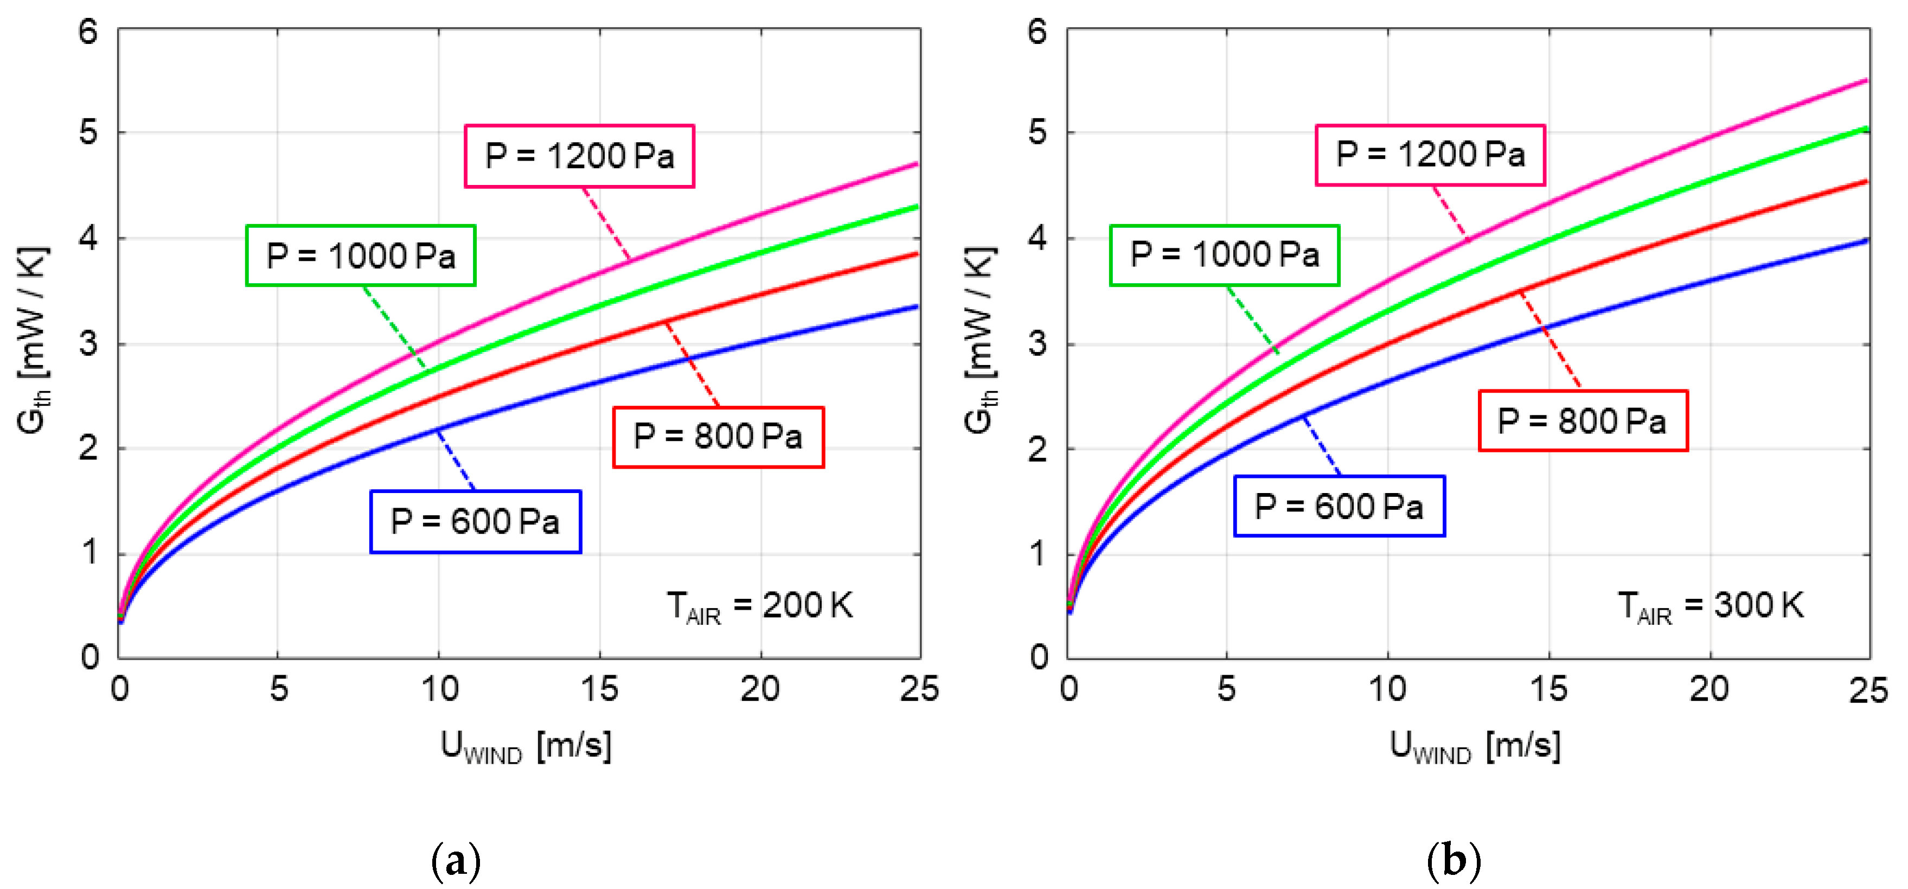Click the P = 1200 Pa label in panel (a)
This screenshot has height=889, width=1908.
(x=579, y=156)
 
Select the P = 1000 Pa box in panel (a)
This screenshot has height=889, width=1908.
(x=361, y=255)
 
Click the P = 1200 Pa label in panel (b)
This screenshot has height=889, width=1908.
(x=1430, y=155)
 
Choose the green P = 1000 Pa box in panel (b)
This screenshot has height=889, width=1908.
(x=1224, y=255)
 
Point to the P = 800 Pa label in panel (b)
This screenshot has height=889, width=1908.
(x=1583, y=421)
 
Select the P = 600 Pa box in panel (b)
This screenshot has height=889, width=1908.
(x=1339, y=507)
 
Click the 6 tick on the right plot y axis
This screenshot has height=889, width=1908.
(x=1037, y=32)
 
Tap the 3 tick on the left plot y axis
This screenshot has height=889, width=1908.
(x=88, y=344)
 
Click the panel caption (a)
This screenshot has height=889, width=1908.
(x=456, y=861)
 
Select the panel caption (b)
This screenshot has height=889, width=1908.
(x=1453, y=861)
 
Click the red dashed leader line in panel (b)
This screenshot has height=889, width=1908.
(x=1550, y=340)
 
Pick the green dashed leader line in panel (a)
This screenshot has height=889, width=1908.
(x=394, y=327)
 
